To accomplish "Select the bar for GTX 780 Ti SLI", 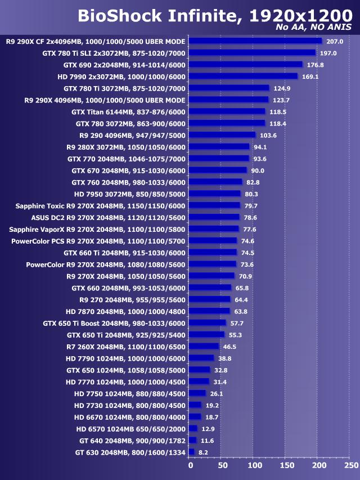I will click(x=252, y=53).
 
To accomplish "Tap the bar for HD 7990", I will click(x=243, y=76).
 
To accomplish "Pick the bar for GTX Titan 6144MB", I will click(x=227, y=111).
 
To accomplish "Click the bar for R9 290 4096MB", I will click(x=222, y=135).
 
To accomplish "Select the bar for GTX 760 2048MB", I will click(x=215, y=182).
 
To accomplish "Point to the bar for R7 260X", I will click(x=204, y=347).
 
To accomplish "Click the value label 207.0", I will click(x=335, y=41).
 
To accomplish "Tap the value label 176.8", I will click(x=315, y=65).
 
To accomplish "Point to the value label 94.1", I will click(x=260, y=147).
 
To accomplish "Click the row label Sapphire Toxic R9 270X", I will click(x=100, y=205).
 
